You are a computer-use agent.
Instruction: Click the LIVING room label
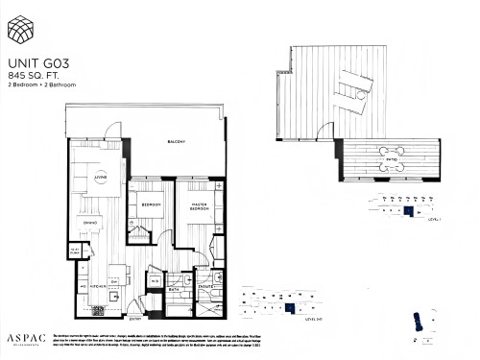click(x=99, y=176)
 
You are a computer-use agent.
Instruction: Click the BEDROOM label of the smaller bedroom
click(x=152, y=205)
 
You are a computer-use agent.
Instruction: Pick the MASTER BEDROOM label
click(x=199, y=207)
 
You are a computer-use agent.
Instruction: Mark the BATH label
click(x=176, y=288)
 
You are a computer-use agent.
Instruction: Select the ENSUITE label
click(x=204, y=285)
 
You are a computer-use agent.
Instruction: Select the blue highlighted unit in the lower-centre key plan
click(x=289, y=307)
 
